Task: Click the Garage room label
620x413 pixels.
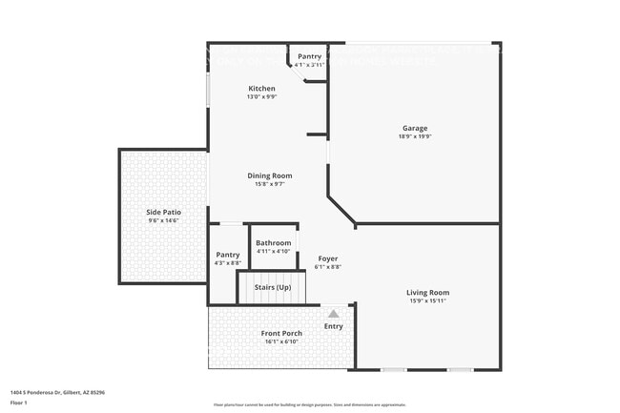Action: coord(414,128)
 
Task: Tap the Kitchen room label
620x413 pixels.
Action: coord(262,89)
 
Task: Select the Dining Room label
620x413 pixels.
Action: coord(270,176)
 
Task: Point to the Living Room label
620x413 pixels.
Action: coord(427,293)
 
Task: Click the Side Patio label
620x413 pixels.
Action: coord(163,212)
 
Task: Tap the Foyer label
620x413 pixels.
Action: coord(327,258)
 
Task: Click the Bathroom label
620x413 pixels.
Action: coord(274,243)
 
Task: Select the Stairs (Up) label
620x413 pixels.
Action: coord(272,286)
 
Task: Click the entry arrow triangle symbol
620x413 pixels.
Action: coord(333,313)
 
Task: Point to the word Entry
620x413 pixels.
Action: coord(333,326)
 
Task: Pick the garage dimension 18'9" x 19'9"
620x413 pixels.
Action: coord(414,136)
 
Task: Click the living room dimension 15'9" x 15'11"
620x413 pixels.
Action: coord(427,301)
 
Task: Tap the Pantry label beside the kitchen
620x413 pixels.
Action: coord(310,56)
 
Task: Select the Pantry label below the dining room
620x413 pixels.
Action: coord(228,255)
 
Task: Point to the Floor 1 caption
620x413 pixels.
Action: coord(19,403)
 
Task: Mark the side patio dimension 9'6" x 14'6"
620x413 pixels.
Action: coord(163,220)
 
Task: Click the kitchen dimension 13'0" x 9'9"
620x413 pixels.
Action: coord(262,97)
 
